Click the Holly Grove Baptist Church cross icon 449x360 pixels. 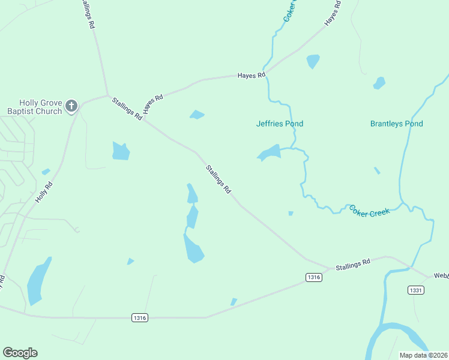coord(71,107)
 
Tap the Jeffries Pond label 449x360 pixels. coord(280,124)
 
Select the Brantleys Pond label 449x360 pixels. coord(396,124)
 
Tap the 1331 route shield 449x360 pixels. coord(416,290)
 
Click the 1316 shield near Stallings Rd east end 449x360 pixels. coord(313,277)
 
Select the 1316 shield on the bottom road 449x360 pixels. coord(139,317)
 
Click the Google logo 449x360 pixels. coord(20,353)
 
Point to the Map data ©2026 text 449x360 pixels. coord(423,355)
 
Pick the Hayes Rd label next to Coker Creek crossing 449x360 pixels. coord(251,76)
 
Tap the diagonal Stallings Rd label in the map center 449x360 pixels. coord(218,179)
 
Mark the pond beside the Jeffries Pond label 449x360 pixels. coord(270,152)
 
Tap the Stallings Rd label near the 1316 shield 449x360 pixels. coord(353,265)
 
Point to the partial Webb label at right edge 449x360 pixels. coord(441,275)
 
